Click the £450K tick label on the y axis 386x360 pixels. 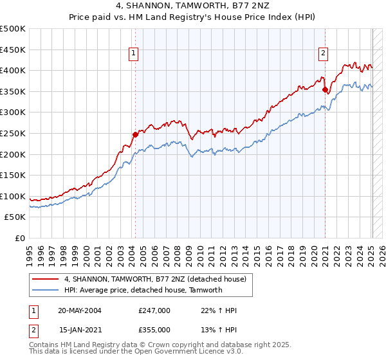pos(14,50)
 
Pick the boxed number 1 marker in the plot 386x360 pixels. pos(133,54)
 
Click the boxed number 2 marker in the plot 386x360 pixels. pos(322,54)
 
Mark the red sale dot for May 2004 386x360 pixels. pos(136,134)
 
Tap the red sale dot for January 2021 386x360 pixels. pos(326,89)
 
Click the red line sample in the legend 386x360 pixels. pos(46,279)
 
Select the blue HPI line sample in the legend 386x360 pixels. pos(46,290)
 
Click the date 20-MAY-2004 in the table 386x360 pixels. pos(80,310)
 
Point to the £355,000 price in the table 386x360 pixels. pos(154,329)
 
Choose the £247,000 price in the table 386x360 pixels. pos(154,310)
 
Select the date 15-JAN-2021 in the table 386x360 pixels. pos(80,329)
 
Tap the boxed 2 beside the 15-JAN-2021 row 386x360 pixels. pos(32,329)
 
